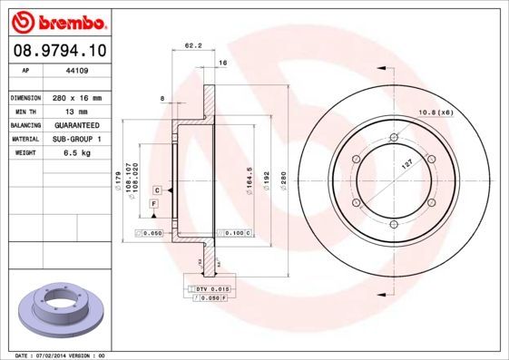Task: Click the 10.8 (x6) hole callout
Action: tap(435, 112)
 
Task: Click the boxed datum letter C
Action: tap(157, 190)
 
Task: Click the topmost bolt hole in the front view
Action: tap(392, 138)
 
